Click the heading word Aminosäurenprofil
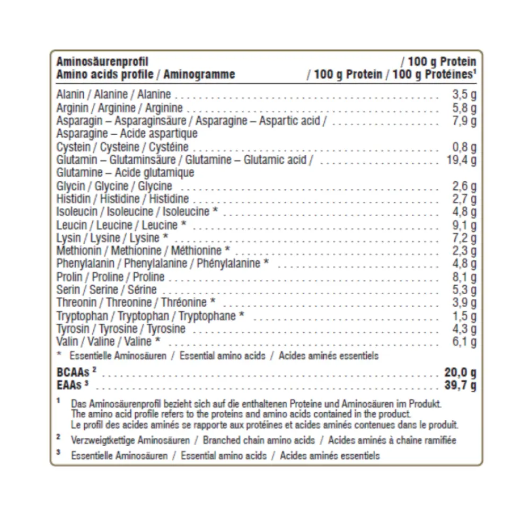(102, 62)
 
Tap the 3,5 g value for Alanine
(464, 95)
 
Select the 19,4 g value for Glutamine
(462, 160)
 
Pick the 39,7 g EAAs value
(460, 385)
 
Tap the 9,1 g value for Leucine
(464, 225)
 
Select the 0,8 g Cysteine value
(464, 147)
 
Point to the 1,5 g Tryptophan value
(464, 316)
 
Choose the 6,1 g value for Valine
(464, 342)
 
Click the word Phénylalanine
(228, 263)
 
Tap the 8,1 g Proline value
(464, 277)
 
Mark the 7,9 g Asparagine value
(464, 121)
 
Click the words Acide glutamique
(154, 173)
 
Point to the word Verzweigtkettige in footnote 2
(103, 440)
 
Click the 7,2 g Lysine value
(464, 238)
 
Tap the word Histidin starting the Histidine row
(72, 199)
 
